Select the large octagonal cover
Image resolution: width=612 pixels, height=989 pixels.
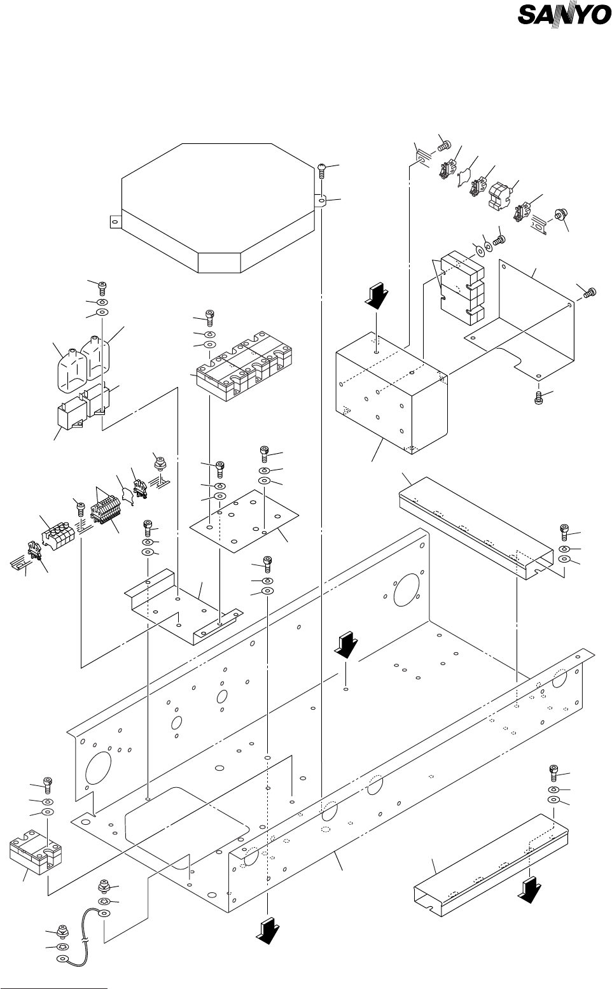(213, 208)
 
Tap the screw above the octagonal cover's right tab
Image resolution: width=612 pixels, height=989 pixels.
(322, 170)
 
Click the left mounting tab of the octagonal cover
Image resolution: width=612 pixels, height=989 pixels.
(116, 221)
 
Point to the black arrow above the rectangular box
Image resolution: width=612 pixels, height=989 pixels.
(376, 297)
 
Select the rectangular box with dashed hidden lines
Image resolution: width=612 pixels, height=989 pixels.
(392, 393)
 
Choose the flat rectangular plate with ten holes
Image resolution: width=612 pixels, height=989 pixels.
(244, 520)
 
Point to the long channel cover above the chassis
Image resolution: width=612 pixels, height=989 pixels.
(476, 528)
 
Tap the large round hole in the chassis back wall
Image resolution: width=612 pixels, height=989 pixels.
(406, 589)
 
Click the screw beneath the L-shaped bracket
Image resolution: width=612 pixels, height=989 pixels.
(538, 397)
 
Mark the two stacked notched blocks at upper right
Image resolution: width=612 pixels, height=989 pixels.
(462, 289)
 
